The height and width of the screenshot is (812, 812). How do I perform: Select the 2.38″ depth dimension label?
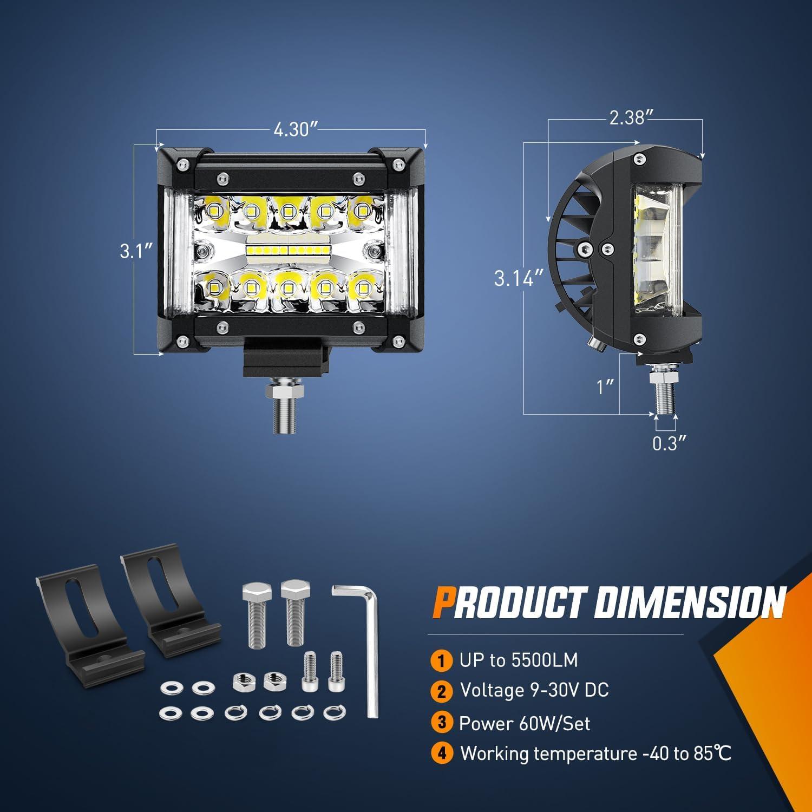point(627,118)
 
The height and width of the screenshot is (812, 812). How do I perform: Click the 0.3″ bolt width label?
point(669,444)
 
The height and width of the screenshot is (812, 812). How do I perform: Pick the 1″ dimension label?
point(605,387)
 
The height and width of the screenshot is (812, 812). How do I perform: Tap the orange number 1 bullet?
point(442,660)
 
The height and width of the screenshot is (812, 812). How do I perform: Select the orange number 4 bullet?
point(442,754)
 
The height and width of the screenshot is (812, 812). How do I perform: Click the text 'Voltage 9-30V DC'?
point(534,690)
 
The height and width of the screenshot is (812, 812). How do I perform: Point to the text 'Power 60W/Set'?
point(524,723)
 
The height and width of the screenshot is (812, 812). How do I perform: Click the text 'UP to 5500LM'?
point(518,660)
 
